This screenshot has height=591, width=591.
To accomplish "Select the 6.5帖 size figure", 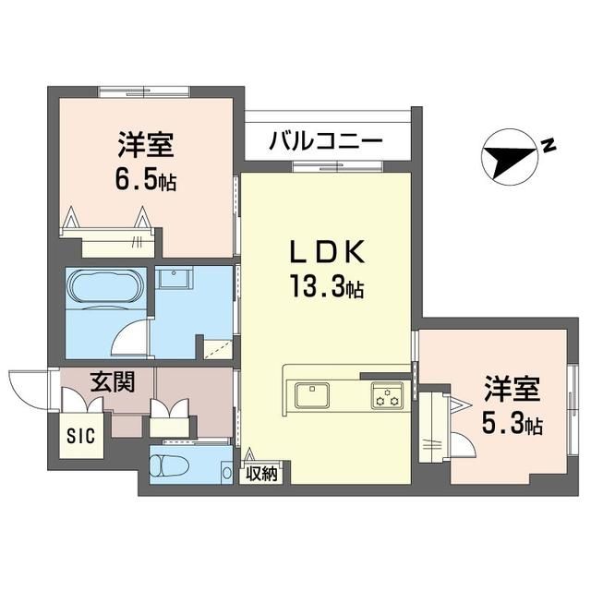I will pyautogui.click(x=146, y=179).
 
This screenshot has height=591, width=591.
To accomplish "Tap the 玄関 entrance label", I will pyautogui.click(x=108, y=382).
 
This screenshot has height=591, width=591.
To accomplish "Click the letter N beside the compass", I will pyautogui.click(x=548, y=145).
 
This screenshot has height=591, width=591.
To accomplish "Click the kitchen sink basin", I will pyautogui.click(x=313, y=396).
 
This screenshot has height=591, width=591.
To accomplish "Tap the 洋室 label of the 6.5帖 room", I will pyautogui.click(x=146, y=145).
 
